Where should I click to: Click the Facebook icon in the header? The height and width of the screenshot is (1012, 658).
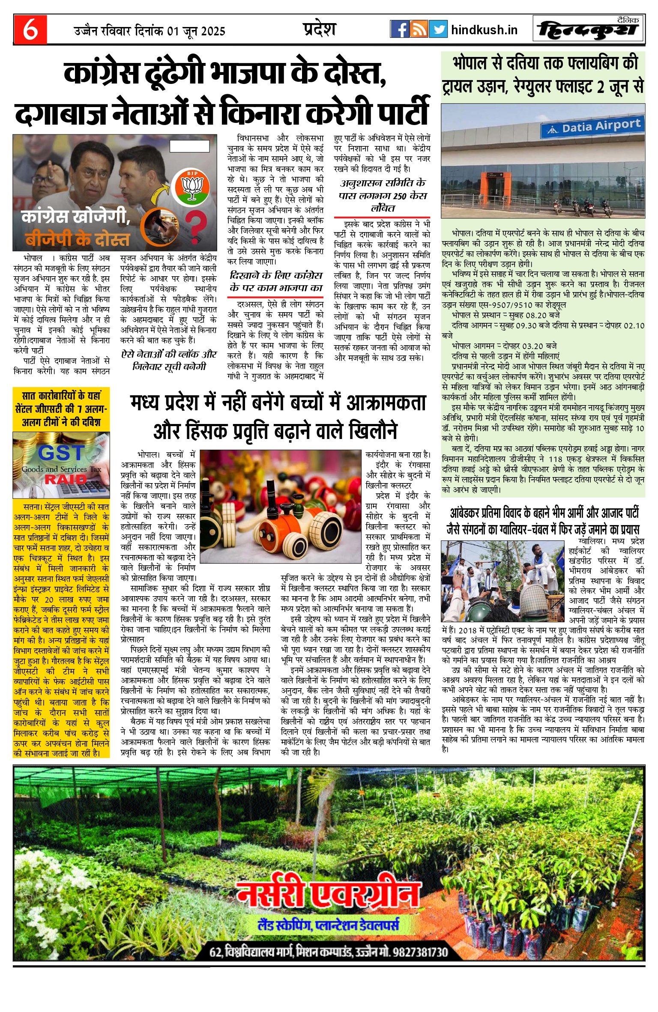click(x=399, y=29)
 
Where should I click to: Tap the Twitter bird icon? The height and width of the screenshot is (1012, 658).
click(x=438, y=29)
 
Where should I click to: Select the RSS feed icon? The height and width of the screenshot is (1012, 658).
click(x=419, y=29)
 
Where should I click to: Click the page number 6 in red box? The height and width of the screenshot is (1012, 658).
click(x=30, y=29)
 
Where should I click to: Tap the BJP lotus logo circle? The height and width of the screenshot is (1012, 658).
click(x=190, y=187)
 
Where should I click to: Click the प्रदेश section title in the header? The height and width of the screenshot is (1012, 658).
click(x=319, y=29)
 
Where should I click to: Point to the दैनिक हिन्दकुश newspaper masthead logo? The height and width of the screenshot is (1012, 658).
click(x=589, y=29)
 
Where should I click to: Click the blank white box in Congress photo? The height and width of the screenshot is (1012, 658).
click(x=189, y=146)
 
